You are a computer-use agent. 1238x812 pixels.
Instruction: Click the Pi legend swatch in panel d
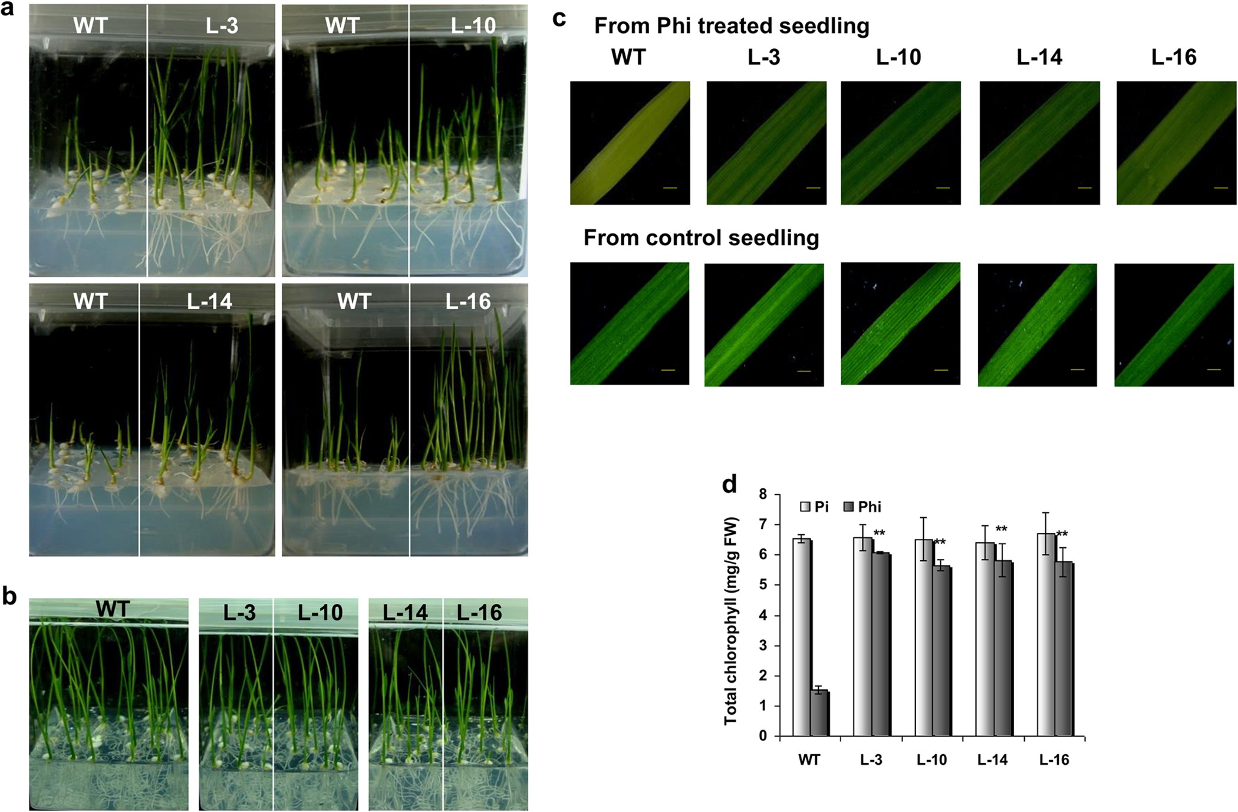pyautogui.click(x=805, y=507)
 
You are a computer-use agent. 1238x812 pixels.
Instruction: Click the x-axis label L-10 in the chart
pyautogui.click(x=931, y=760)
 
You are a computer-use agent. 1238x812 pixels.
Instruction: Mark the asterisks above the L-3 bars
pyautogui.click(x=879, y=534)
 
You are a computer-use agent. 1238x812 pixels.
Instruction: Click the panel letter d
pyautogui.click(x=730, y=485)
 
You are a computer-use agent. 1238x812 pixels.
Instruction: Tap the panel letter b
pyautogui.click(x=9, y=596)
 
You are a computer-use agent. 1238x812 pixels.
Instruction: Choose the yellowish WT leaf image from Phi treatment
pyautogui.click(x=630, y=143)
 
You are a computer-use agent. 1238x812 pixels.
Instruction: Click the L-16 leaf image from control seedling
pyautogui.click(x=1174, y=325)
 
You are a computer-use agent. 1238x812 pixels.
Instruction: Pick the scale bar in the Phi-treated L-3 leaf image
pyautogui.click(x=813, y=188)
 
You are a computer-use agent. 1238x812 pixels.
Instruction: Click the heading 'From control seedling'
pyautogui.click(x=701, y=238)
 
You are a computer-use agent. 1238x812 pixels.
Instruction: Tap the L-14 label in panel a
pyautogui.click(x=209, y=302)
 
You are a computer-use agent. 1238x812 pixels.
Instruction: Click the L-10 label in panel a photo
pyautogui.click(x=473, y=26)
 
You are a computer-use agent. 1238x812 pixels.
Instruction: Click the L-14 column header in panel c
pyautogui.click(x=1039, y=57)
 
